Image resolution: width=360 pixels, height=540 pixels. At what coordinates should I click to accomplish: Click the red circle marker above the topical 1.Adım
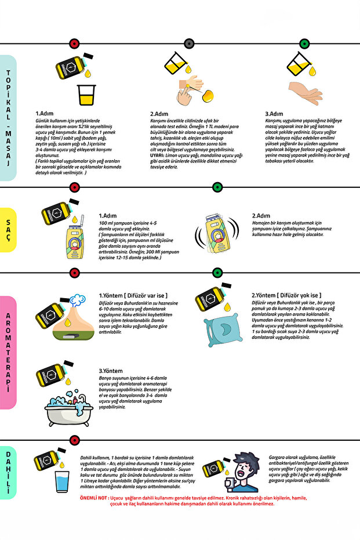click(x=74, y=44)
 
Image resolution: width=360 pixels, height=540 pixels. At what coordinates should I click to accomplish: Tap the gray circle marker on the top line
click(x=188, y=44)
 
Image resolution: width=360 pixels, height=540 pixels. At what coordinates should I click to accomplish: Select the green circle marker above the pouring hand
click(x=304, y=44)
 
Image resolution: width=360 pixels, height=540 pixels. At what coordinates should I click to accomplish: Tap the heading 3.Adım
click(x=274, y=114)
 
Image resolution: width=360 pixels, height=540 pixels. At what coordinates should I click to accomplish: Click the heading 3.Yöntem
click(x=111, y=370)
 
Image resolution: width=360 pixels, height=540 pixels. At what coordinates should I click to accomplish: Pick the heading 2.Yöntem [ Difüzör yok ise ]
click(x=286, y=295)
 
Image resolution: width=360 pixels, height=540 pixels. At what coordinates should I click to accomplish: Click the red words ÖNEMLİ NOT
click(x=94, y=498)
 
